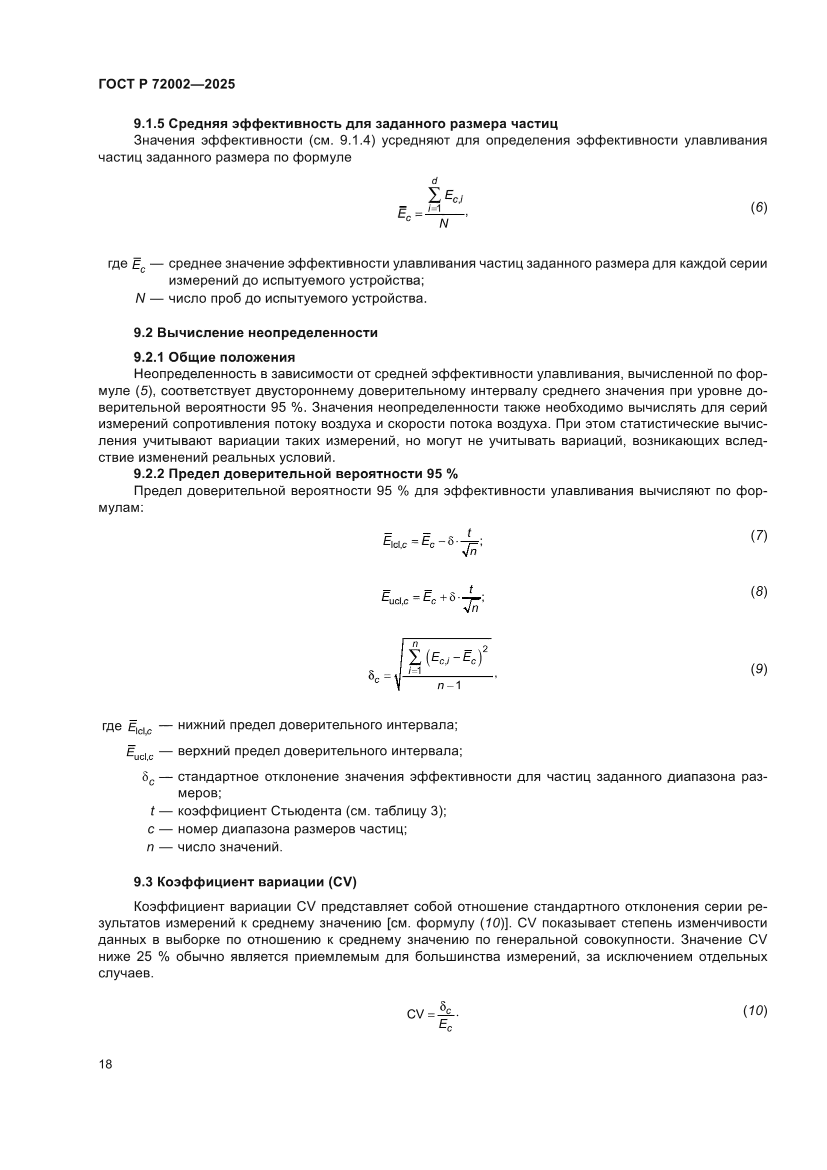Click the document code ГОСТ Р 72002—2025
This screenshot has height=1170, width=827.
[166, 84]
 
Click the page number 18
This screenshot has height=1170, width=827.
[105, 1064]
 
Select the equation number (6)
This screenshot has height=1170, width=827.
[758, 208]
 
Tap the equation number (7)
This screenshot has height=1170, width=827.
[758, 536]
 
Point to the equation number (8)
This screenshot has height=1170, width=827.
[758, 592]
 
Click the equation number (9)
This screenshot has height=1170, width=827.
[758, 669]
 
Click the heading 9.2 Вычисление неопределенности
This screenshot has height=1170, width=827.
[255, 333]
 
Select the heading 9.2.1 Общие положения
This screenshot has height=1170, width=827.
[214, 357]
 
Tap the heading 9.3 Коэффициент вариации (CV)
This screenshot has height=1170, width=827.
[245, 881]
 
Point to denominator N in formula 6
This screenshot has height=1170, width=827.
[443, 224]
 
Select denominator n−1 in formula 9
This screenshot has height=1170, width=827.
[448, 685]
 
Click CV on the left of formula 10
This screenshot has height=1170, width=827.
[415, 1014]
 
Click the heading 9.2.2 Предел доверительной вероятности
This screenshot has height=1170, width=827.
[295, 474]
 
